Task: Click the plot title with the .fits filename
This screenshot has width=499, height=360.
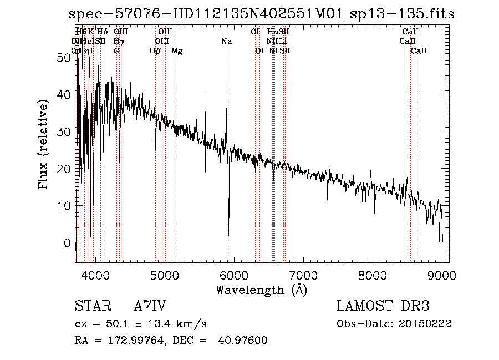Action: click(x=258, y=14)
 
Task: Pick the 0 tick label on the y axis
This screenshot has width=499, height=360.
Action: click(x=68, y=243)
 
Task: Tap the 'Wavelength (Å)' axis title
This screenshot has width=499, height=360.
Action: click(x=261, y=290)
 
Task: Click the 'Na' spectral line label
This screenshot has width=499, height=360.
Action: click(x=226, y=42)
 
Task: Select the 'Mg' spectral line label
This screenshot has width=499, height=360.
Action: click(x=177, y=51)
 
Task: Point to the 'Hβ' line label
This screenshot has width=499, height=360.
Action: click(x=155, y=51)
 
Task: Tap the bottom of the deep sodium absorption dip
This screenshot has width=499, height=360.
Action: click(x=228, y=235)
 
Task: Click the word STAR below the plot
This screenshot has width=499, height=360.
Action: click(x=92, y=306)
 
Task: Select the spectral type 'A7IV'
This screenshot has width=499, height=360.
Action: click(x=150, y=306)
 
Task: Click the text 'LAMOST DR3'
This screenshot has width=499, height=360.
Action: click(x=383, y=306)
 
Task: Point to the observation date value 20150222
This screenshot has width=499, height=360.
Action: click(x=427, y=323)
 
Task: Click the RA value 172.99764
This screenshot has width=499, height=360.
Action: click(x=139, y=340)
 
